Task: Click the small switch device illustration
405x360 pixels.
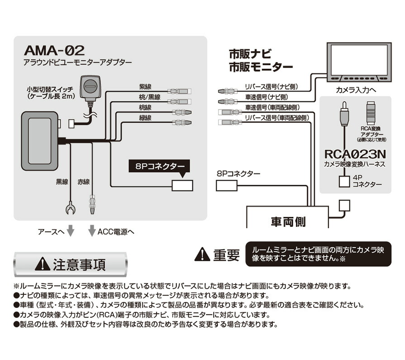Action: tap(90, 88)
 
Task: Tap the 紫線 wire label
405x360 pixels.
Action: tap(146, 86)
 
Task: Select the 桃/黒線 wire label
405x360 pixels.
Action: tap(150, 96)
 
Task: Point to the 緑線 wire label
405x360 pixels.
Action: tap(146, 117)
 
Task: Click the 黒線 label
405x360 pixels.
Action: tap(62, 182)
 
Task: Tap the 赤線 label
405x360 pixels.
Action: tap(84, 182)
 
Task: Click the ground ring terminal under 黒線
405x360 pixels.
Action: tap(70, 209)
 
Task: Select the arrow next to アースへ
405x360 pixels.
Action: tap(70, 231)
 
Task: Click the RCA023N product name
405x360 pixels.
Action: tap(354, 154)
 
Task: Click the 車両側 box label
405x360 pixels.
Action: tap(288, 221)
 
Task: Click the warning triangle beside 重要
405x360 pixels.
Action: tap(202, 254)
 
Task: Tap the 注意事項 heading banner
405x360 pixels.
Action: tap(71, 264)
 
